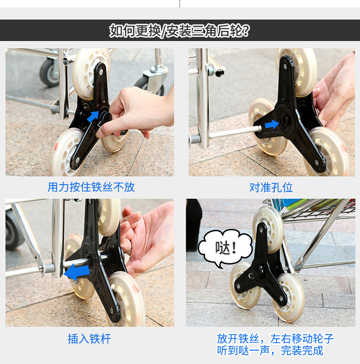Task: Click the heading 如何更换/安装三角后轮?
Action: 180,30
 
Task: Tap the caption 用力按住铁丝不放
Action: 91,187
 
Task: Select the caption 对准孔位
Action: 271,188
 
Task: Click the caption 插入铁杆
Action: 89,339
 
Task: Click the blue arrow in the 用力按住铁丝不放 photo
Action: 93,116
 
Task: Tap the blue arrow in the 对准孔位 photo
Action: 272,124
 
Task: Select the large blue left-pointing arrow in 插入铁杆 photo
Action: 77,272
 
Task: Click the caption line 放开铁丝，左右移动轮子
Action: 276,339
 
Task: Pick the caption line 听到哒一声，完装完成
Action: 270,351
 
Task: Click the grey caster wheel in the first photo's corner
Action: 49,72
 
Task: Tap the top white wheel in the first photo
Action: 91,74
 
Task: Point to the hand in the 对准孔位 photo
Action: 335,93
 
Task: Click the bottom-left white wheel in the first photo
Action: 66,152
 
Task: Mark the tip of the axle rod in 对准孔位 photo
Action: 261,127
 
